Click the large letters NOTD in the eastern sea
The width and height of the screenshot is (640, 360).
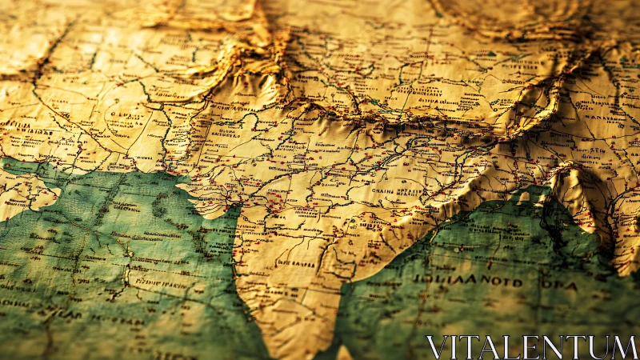coord(501,282)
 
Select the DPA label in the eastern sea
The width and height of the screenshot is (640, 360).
coord(566,283)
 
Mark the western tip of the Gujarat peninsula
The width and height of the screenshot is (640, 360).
coord(181,188)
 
